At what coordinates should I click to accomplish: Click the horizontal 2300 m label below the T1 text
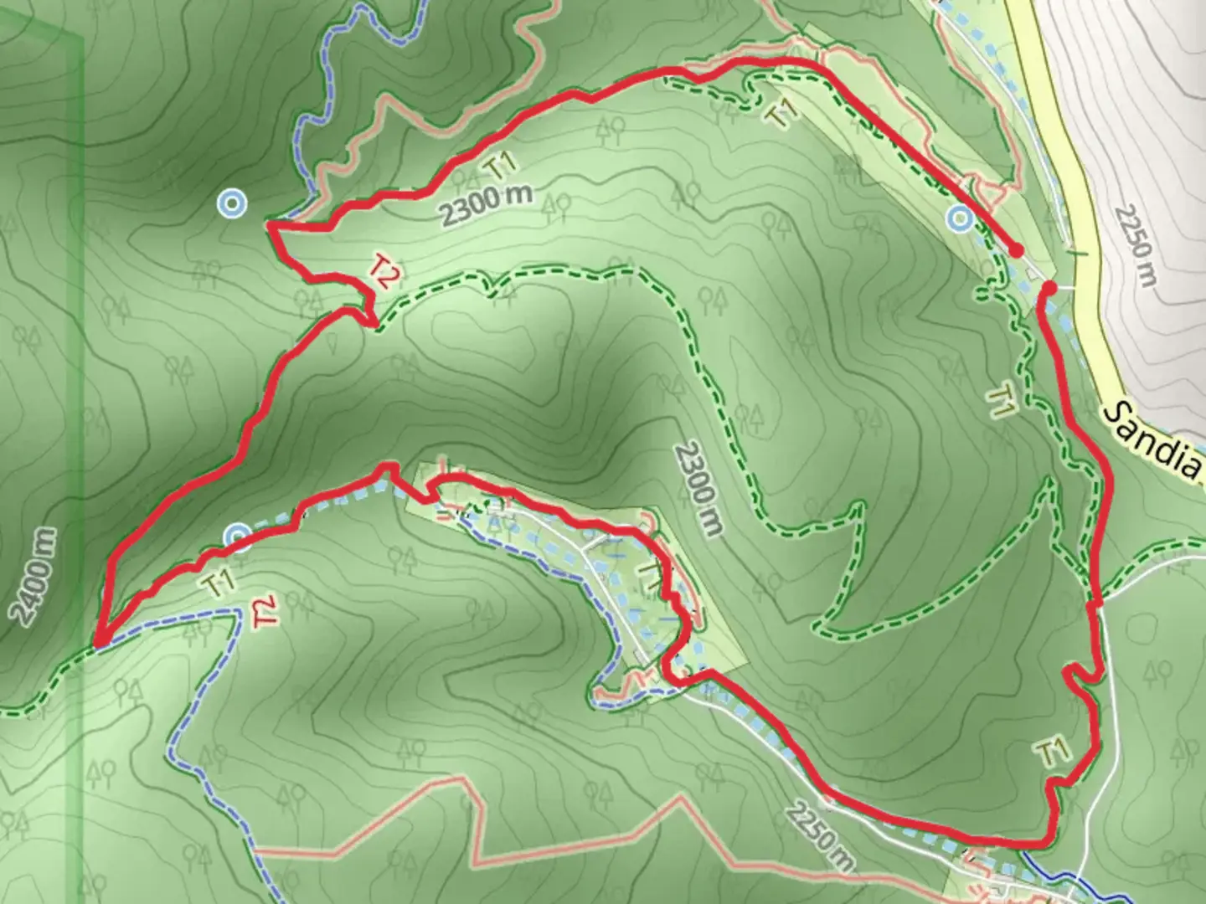487,203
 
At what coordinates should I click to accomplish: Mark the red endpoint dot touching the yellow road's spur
1048,289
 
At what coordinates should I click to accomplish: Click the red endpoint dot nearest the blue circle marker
1016,250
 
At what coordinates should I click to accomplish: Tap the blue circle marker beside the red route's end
960,220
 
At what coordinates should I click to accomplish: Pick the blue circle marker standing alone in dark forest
231,203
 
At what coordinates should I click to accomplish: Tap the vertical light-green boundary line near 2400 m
81,335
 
